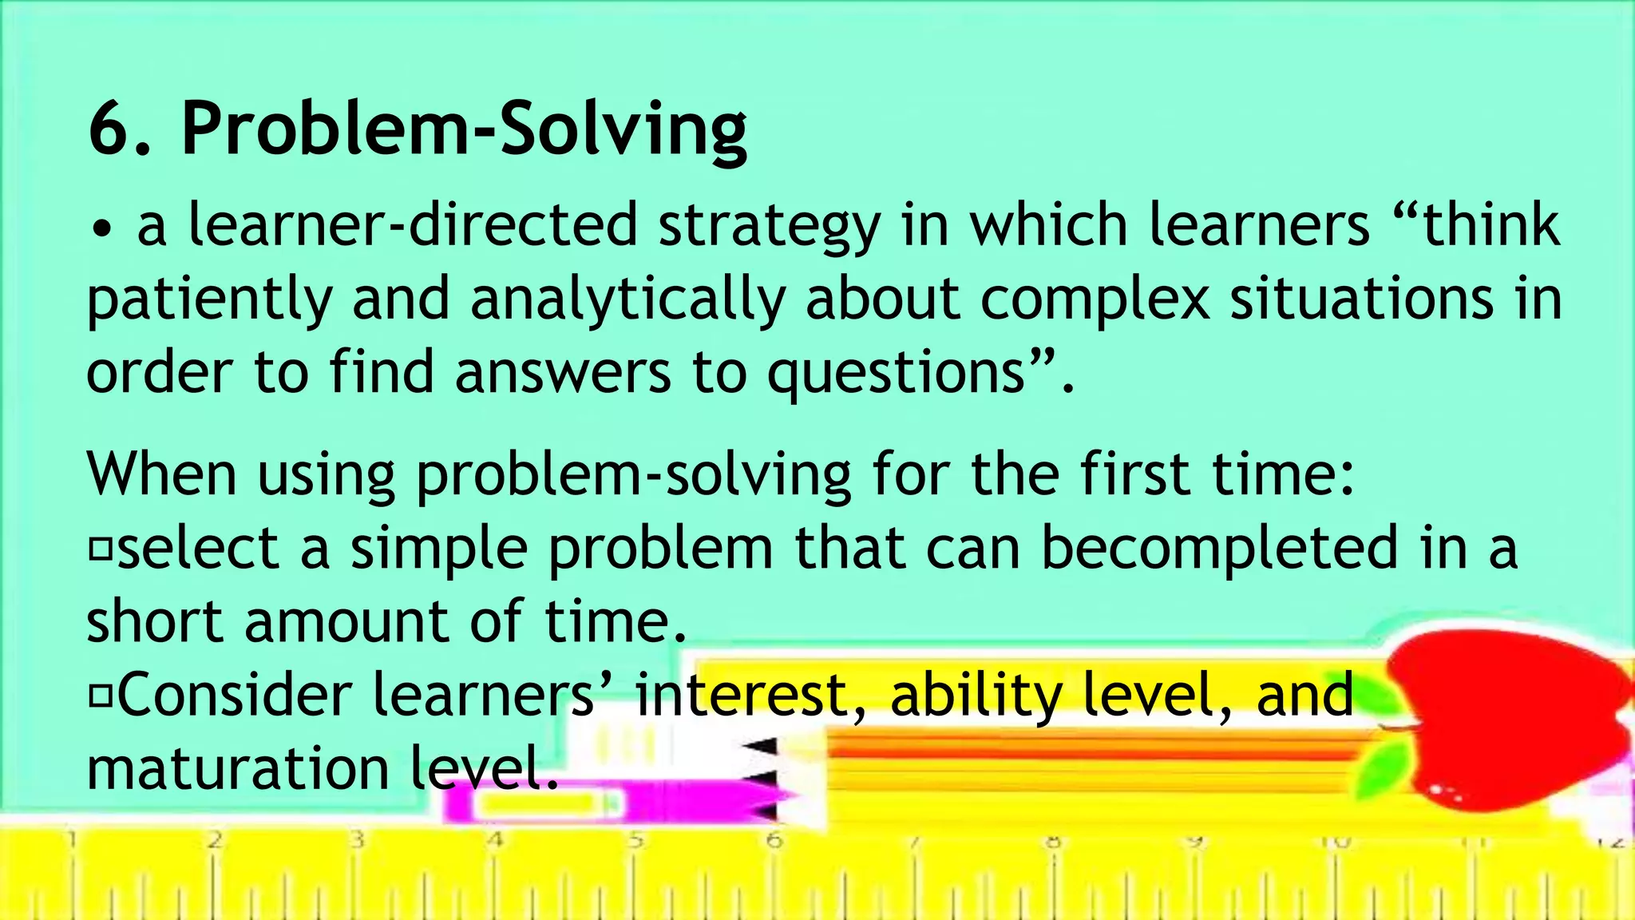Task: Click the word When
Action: tap(161, 474)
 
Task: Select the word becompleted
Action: tap(1220, 549)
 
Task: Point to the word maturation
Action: tap(237, 768)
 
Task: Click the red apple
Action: tap(1509, 711)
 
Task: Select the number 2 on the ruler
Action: tap(214, 840)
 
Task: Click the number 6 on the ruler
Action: tap(773, 840)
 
